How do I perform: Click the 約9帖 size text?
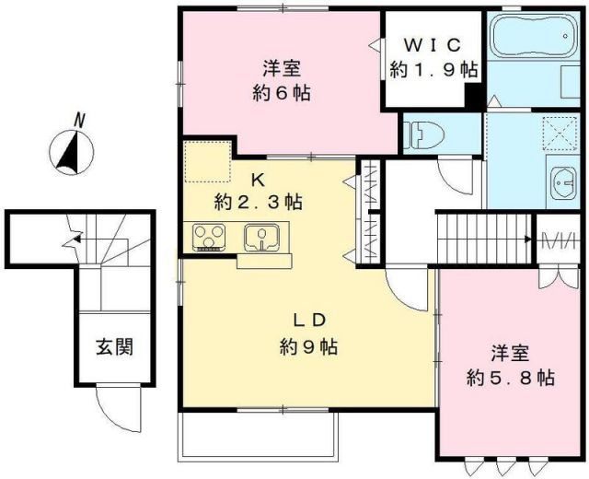click(x=308, y=347)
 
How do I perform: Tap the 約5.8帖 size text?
click(x=509, y=377)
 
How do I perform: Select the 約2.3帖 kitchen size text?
click(x=259, y=201)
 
